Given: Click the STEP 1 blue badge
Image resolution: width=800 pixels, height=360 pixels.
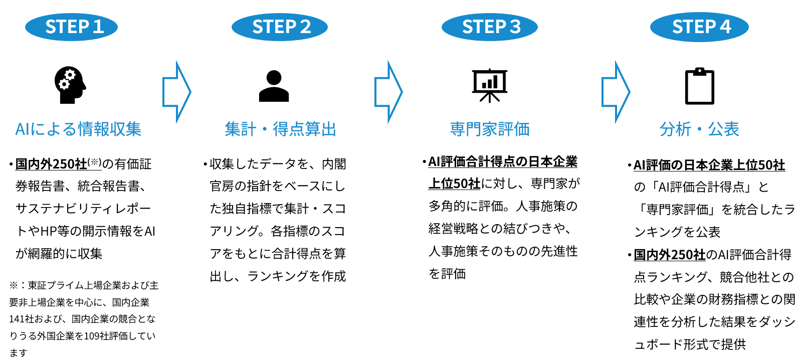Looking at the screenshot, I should pos(71,27).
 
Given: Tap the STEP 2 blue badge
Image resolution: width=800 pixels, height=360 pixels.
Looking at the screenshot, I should pos(280,27).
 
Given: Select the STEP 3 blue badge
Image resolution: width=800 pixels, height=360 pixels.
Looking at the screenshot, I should pos(490,27).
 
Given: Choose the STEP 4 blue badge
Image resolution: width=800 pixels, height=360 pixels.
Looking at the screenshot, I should pos(699,27).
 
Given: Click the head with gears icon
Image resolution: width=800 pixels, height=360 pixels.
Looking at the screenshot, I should pos(70,85).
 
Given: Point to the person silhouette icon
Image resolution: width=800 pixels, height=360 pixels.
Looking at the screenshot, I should pos(274,86).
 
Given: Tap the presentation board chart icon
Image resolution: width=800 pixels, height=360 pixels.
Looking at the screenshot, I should pos(490,85).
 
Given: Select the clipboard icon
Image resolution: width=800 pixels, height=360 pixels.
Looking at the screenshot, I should pos(699,86).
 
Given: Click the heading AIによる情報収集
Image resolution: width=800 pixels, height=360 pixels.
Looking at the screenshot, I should pos(78,129).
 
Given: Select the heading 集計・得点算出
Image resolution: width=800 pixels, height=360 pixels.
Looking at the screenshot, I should pos(280,129).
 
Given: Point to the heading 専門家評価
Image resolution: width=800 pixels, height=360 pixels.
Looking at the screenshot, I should pos(490,129).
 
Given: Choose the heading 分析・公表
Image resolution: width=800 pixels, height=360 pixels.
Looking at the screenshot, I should pos(699,129).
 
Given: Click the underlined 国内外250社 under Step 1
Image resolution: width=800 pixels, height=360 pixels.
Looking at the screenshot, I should pos(51,164).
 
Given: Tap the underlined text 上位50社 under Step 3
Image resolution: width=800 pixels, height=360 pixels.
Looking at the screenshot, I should pos(454,184).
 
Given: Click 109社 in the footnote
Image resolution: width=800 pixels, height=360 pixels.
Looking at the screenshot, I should pos(97,336).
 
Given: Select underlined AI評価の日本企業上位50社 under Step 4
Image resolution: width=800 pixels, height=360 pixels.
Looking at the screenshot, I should pos(709,165).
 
